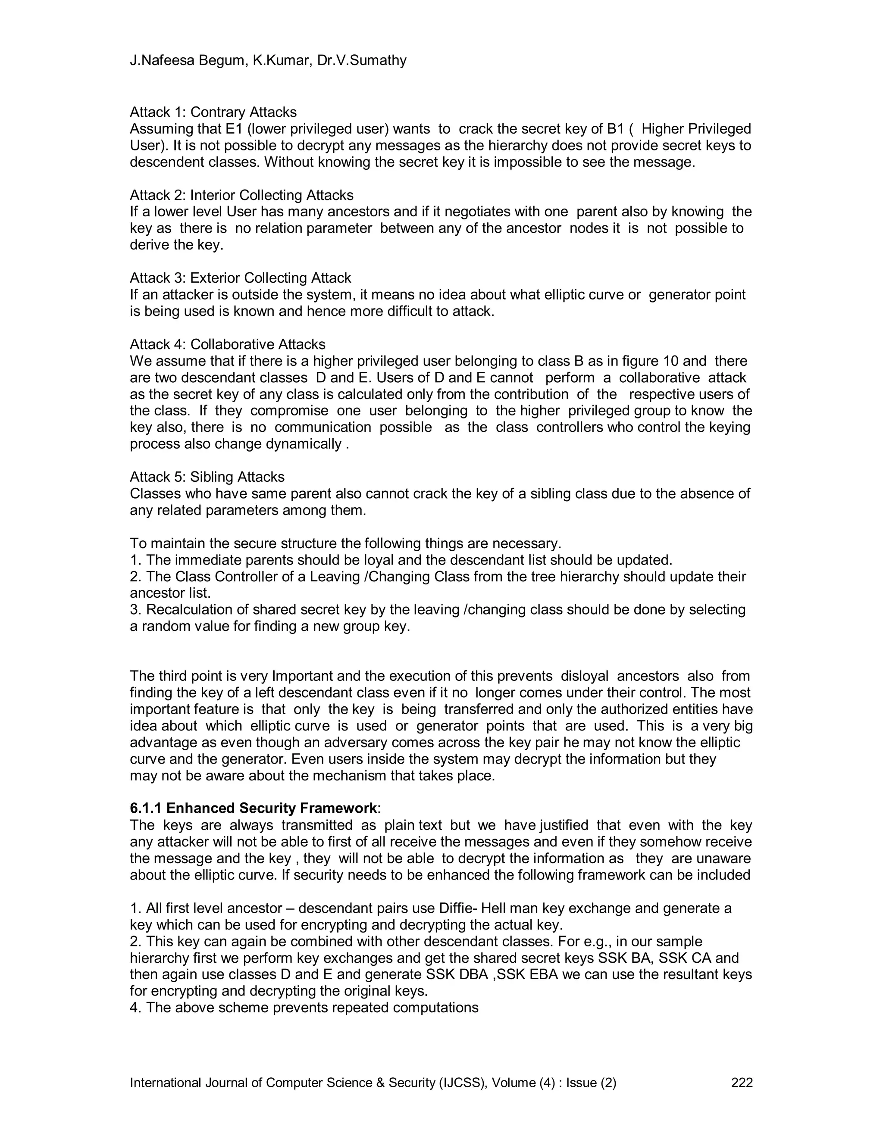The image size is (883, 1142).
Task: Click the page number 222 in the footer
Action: pyautogui.click(x=741, y=1083)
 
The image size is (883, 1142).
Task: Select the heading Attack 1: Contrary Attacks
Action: pyautogui.click(x=213, y=112)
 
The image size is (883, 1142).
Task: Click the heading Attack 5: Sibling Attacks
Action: pyautogui.click(x=207, y=477)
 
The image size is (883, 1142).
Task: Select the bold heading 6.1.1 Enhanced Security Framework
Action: pyautogui.click(x=253, y=808)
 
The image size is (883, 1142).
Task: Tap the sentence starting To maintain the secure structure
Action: pyautogui.click(x=345, y=543)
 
